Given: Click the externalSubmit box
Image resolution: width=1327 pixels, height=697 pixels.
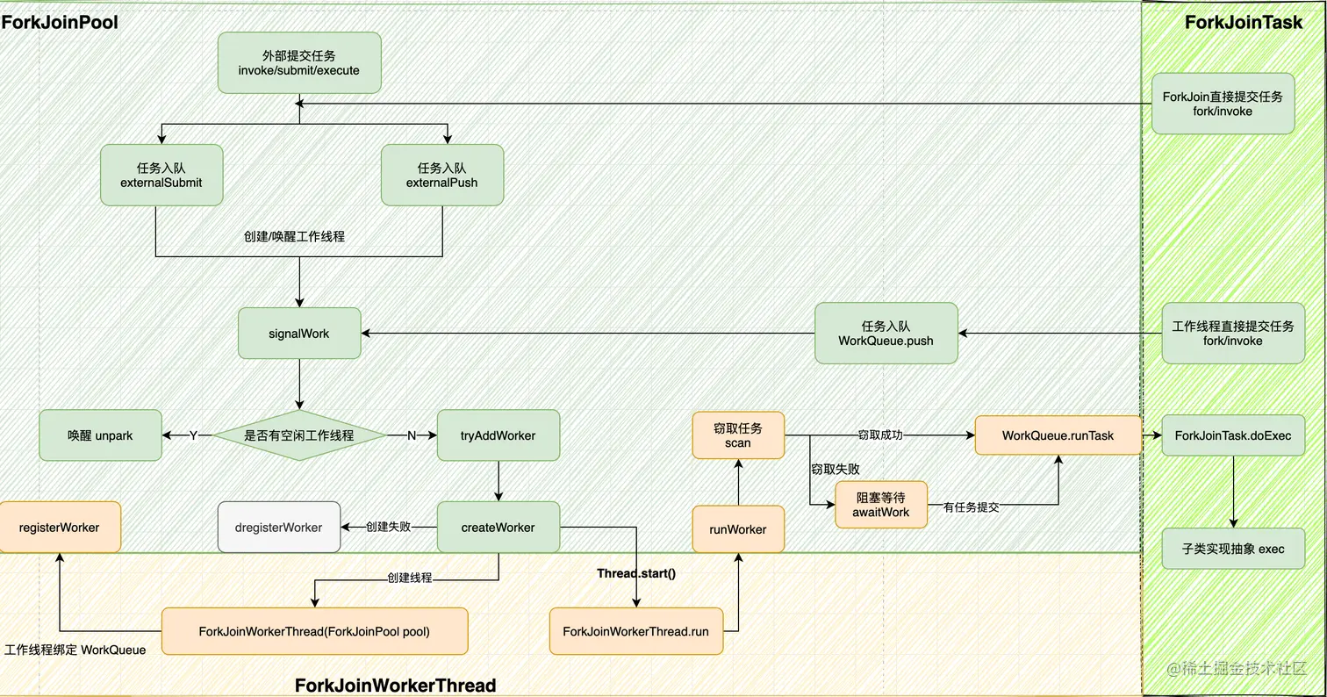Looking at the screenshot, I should pos(161,176).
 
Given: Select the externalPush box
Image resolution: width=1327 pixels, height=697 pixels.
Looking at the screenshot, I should pos(442,176).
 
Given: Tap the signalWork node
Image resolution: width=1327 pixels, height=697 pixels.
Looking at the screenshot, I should pos(299,333).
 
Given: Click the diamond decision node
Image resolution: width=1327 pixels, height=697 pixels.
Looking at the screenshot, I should pos(299,435).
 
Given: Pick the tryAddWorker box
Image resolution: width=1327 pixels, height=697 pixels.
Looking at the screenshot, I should pos(498,435).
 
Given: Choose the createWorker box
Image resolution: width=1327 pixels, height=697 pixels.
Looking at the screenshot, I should pos(498,527).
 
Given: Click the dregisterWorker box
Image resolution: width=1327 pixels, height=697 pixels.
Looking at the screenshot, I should pos(279,527).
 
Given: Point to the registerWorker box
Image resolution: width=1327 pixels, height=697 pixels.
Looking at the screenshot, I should pos(59,527).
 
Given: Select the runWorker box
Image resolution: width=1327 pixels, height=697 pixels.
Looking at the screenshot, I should pos(738,528).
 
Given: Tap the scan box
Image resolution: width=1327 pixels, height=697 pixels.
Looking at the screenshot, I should pos(738,435).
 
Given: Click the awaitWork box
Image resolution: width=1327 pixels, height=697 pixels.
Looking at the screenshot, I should pos(880,505).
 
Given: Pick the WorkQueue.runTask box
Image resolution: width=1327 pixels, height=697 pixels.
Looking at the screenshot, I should pos(1058,435).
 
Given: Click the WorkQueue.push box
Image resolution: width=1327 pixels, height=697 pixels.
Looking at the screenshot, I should pos(886,333).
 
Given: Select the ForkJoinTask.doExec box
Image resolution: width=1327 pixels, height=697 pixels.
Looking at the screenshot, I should pos(1232,435).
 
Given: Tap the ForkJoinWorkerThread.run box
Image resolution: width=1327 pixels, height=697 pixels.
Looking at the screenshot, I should pos(636,631).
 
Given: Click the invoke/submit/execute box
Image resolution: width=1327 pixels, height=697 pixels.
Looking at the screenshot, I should pos(299,62).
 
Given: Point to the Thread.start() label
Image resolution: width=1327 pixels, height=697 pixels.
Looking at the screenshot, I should pos(636,573).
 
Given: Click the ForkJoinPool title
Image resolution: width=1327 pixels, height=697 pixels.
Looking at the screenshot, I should pos(60,21).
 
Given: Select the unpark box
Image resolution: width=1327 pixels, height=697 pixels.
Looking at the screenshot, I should pos(100,435).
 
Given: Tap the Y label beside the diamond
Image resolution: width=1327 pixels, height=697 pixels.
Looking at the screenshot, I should pos(193,435).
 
